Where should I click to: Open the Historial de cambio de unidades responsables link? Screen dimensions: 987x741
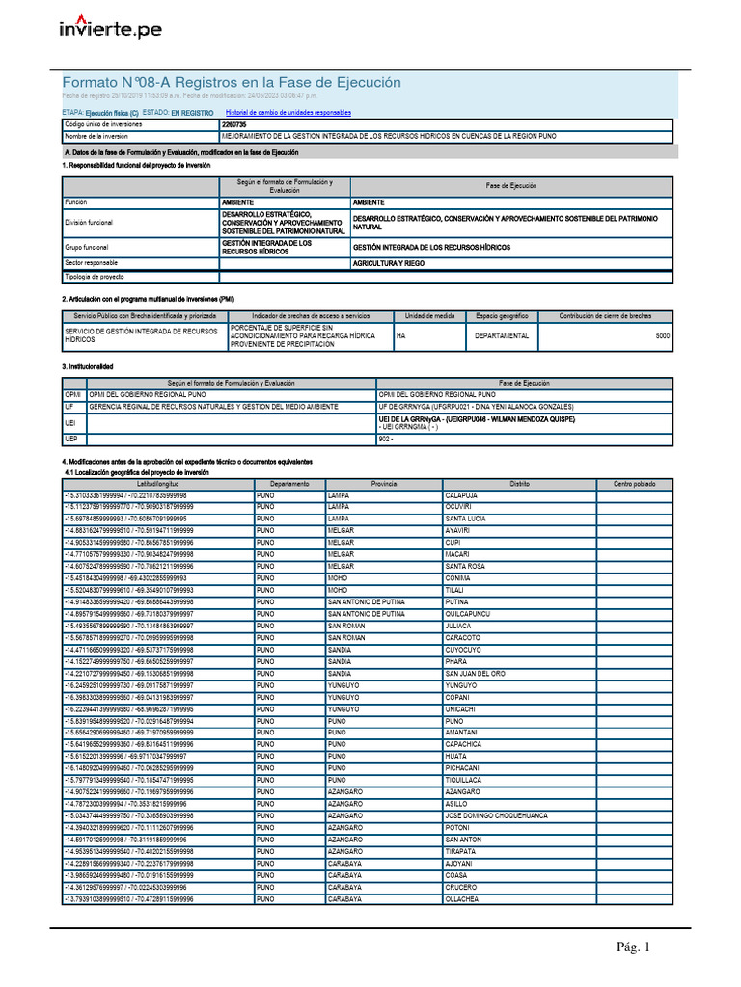[288, 113]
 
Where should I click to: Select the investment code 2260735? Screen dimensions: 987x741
[233, 124]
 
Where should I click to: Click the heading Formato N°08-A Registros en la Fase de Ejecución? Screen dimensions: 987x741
[232, 83]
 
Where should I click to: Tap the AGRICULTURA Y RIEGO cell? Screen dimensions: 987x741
[387, 263]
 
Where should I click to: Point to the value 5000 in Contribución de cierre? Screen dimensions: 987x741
[662, 335]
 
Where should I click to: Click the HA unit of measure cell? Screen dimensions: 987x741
[402, 335]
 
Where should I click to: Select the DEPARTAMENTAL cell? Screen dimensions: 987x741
[501, 335]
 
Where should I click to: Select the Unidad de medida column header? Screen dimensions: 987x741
[429, 316]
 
